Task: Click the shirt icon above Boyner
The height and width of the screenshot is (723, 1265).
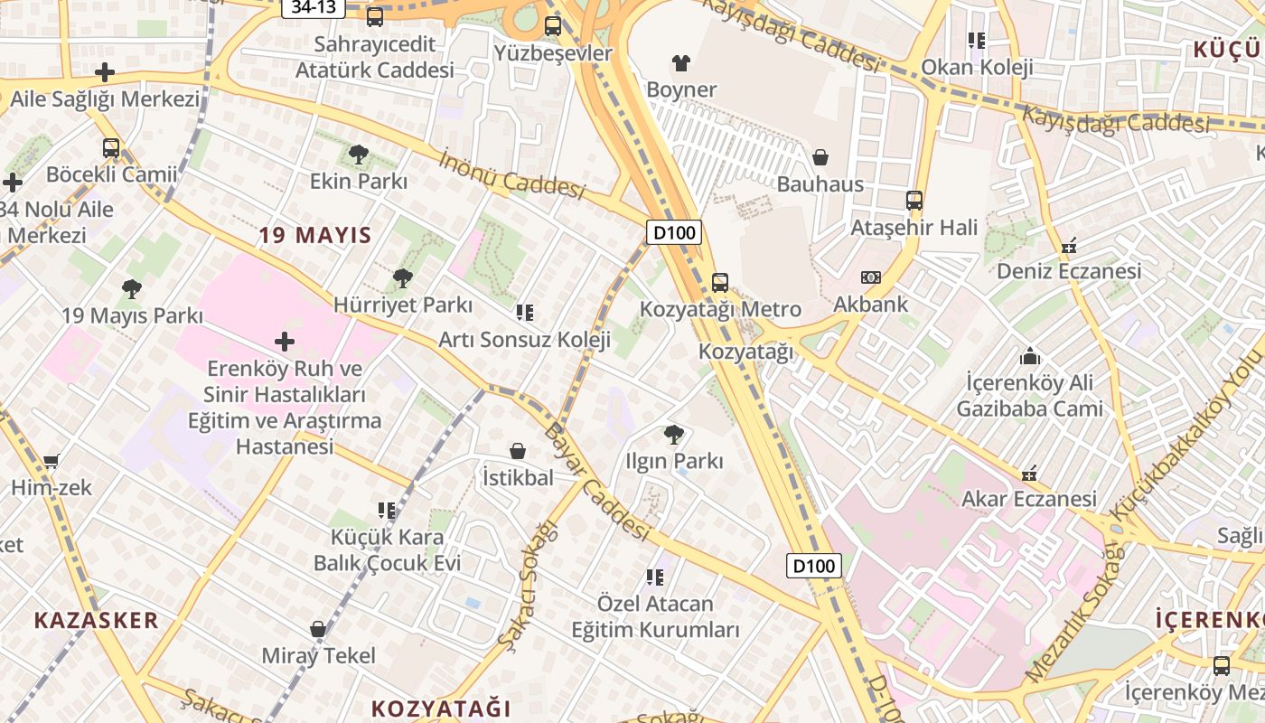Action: pyautogui.click(x=681, y=63)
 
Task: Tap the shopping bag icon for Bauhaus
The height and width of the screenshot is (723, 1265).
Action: pyautogui.click(x=820, y=158)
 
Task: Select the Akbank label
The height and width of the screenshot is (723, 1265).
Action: pyautogui.click(x=870, y=304)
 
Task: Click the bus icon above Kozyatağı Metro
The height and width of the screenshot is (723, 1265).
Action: pyautogui.click(x=720, y=282)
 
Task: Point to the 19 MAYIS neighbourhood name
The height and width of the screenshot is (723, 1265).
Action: pyautogui.click(x=315, y=236)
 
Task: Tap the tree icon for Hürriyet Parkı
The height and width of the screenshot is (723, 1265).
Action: pyautogui.click(x=403, y=278)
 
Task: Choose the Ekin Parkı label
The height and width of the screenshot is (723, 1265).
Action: pyautogui.click(x=359, y=182)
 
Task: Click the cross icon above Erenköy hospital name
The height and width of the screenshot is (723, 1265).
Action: pyautogui.click(x=285, y=342)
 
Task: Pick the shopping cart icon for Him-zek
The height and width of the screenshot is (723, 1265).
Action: pyautogui.click(x=52, y=461)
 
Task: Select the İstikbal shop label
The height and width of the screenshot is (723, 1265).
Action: pyautogui.click(x=518, y=477)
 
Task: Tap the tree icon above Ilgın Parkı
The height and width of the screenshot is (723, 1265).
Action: pyautogui.click(x=674, y=435)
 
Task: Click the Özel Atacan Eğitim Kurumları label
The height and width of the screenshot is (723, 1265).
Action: pyautogui.click(x=655, y=616)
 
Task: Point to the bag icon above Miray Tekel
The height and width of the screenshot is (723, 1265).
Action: pyautogui.click(x=318, y=629)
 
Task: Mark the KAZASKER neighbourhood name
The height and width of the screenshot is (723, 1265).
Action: pyautogui.click(x=96, y=620)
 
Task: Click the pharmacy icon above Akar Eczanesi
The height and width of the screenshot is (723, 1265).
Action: pyautogui.click(x=1029, y=473)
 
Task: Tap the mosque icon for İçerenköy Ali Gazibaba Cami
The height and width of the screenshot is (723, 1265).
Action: pyautogui.click(x=1030, y=356)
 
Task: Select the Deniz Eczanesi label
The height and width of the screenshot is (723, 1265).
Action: pyautogui.click(x=1069, y=271)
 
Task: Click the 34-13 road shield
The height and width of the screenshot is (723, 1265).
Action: pyautogui.click(x=314, y=7)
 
